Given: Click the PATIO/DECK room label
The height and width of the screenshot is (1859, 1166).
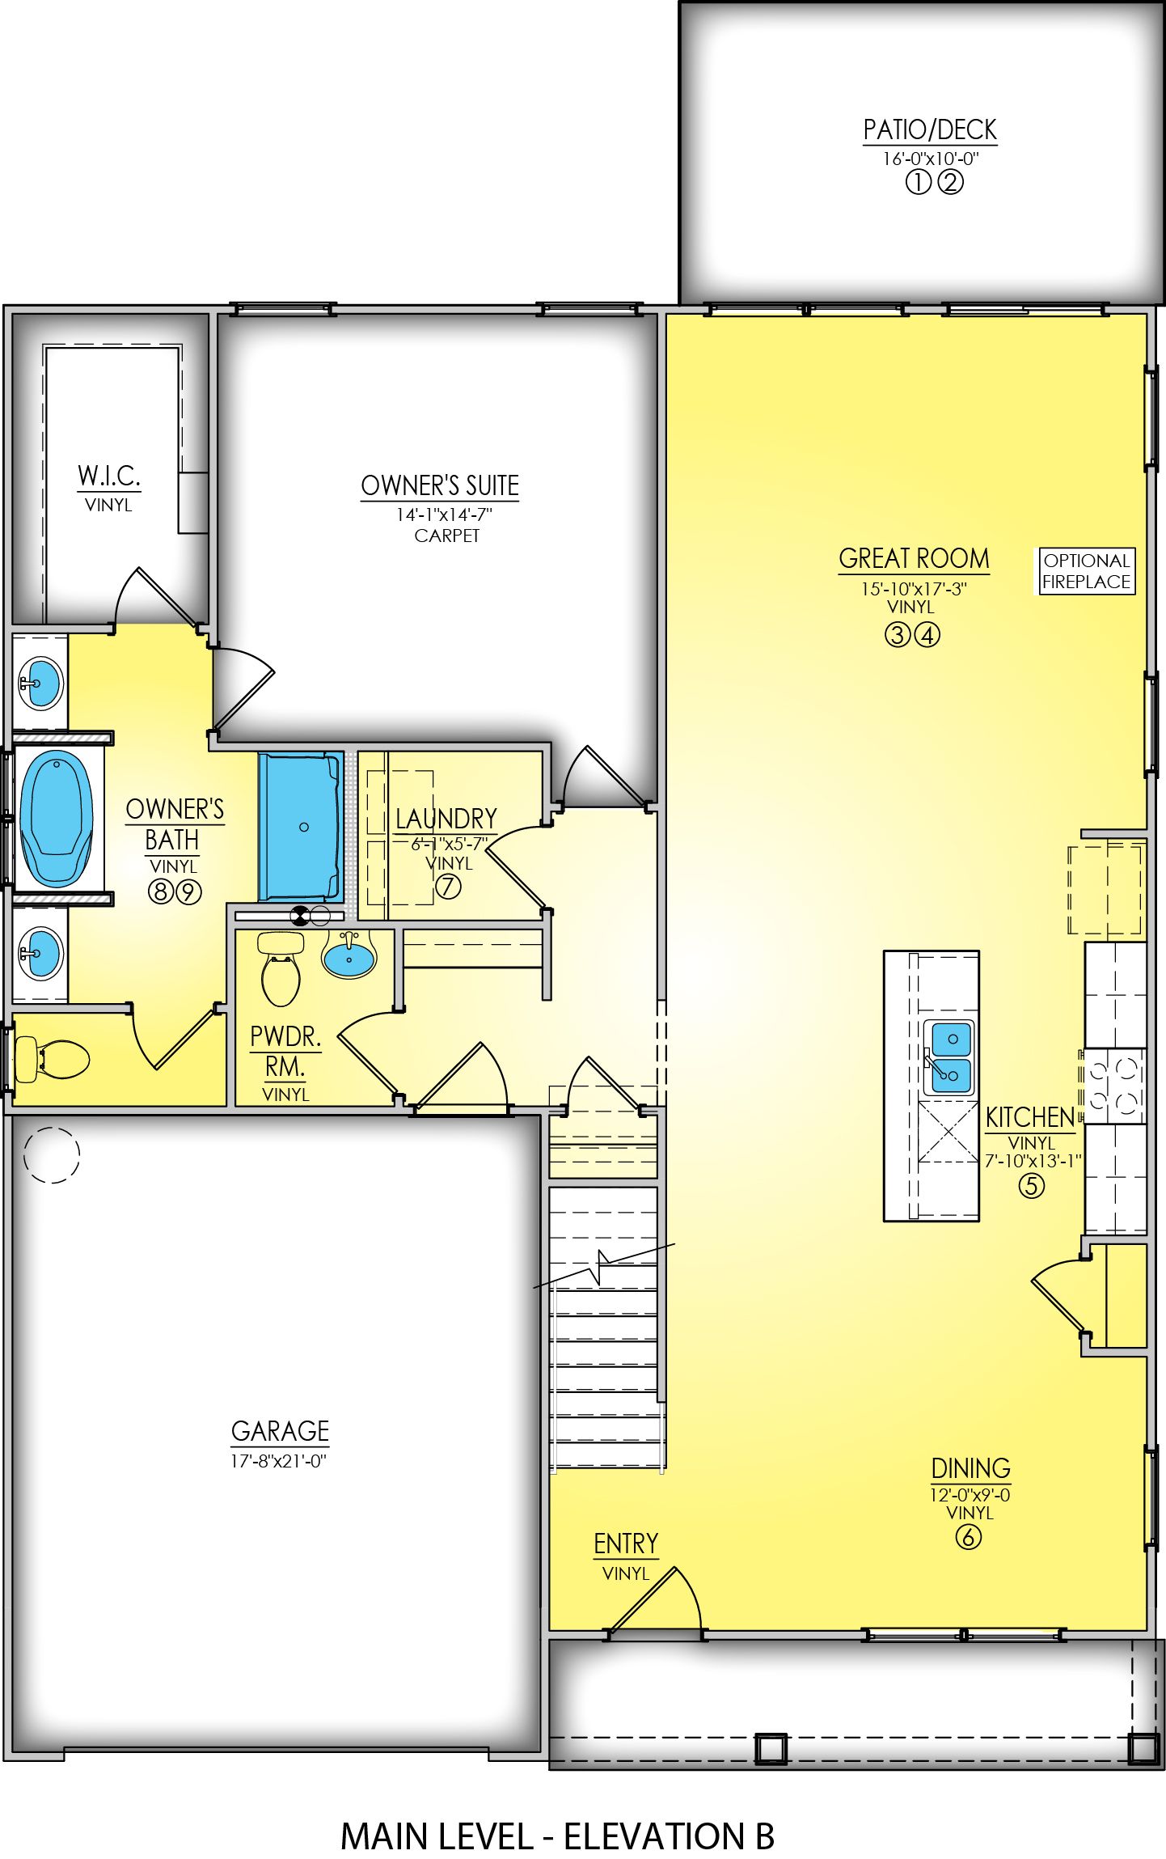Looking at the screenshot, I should coord(929,130).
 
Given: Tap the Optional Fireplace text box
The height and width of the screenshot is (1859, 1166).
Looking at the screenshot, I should coord(1085,571).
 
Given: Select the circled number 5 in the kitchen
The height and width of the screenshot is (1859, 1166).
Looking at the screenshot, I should coord(1030,1186).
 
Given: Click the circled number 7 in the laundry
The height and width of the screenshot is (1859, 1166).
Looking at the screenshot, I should coord(448,887).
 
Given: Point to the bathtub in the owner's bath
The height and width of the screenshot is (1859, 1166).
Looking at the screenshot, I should coord(56,818).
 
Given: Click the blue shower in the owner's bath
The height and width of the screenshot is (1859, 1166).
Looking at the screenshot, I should coord(300,826).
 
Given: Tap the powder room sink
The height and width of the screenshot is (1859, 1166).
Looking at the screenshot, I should coord(349,957).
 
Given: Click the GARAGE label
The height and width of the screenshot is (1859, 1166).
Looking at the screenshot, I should coord(280,1431).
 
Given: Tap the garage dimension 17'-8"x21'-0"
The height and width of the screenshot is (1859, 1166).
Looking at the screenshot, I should coord(278,1461).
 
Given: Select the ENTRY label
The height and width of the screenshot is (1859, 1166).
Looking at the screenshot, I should coord(626,1544).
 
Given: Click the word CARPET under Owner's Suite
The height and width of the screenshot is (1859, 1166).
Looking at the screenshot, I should coord(446,536).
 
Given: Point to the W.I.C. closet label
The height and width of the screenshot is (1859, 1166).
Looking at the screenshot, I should coord(109,476).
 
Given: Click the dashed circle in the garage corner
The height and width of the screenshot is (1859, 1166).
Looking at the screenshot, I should coord(52,1155).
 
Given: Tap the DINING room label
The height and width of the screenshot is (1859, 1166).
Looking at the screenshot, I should coord(970,1468).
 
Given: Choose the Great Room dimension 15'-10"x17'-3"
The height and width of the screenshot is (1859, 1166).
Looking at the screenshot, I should coord(914,589).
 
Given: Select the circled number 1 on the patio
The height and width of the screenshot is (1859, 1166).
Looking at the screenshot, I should coord(917,183).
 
